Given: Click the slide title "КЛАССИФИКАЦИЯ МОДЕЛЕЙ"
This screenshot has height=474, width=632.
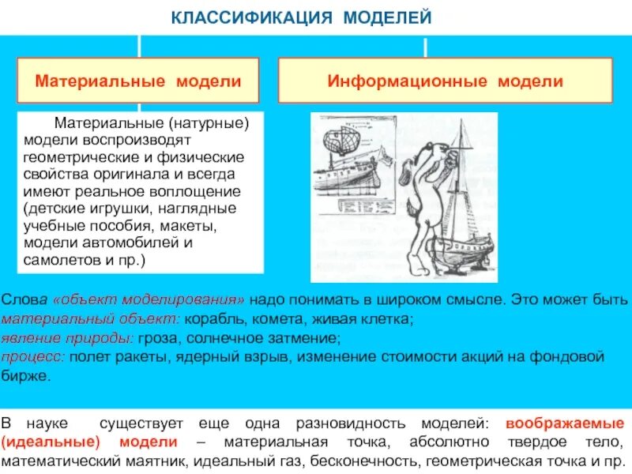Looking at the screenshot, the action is coord(302,17).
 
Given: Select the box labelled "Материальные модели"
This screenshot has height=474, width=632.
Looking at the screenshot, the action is coord(138,81).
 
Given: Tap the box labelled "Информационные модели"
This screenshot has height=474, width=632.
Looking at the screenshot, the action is coord(446,81).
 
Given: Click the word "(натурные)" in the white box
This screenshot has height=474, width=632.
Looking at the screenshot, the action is coord(207,123).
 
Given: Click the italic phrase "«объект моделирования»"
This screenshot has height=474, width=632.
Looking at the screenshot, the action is coord(150,301).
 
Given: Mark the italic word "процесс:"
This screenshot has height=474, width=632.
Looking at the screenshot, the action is coord(33,357).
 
